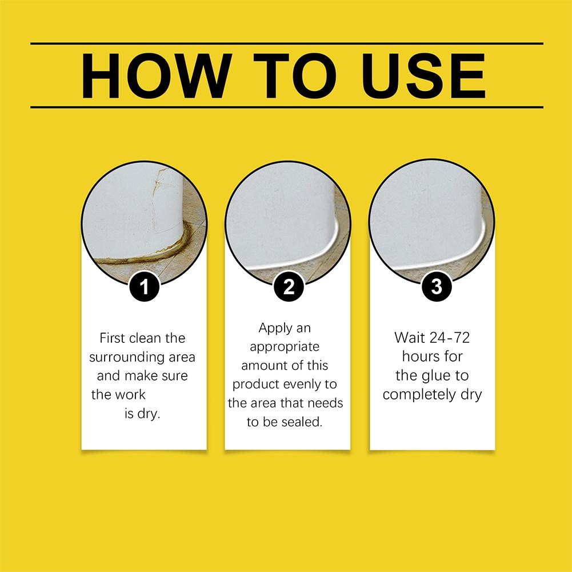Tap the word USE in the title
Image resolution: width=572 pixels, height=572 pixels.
coord(423,76)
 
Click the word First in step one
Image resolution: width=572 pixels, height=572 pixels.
coord(112,338)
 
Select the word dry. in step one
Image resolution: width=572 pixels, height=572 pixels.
coord(147,413)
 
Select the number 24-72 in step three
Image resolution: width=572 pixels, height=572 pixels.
coord(447,337)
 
